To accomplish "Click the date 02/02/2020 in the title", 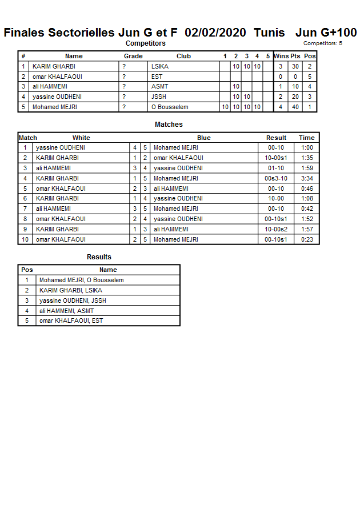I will (x=216, y=33).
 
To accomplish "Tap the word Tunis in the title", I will (x=269, y=33).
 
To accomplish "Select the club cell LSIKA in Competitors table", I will (x=160, y=66).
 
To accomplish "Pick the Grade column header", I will (x=133, y=56).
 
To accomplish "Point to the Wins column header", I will (x=281, y=56).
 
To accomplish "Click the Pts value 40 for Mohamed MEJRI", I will (x=295, y=107).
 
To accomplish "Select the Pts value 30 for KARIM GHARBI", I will (x=295, y=66).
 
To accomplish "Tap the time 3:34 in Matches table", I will (x=307, y=178).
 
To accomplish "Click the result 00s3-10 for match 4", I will (x=276, y=178).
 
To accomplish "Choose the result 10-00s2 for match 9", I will (x=276, y=229).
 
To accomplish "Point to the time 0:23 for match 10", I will (x=307, y=239).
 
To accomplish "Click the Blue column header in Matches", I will (x=204, y=138).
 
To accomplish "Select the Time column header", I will (x=307, y=138).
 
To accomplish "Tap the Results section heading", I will (x=99, y=257).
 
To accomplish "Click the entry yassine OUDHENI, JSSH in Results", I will (x=73, y=300).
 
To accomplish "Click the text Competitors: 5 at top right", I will (x=323, y=43).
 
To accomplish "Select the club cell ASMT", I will (x=159, y=87).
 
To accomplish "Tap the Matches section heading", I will (x=169, y=125).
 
